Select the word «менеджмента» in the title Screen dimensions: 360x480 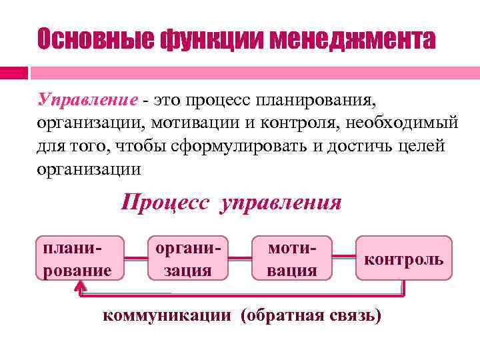tap(347, 39)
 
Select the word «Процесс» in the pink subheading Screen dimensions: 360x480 tap(165, 202)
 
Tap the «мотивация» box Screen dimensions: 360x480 tap(291, 258)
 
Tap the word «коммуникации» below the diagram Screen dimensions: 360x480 tap(167, 315)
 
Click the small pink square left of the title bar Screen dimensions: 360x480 tap(13, 72)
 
